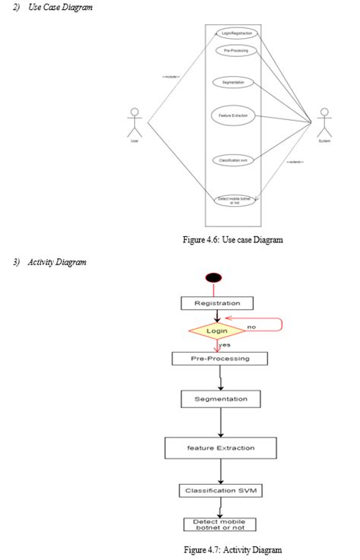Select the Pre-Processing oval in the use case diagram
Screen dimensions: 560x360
[x=234, y=50]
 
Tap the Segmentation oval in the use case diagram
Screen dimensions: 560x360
[x=232, y=82]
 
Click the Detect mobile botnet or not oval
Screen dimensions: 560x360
[x=234, y=201]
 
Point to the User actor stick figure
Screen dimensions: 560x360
[x=134, y=122]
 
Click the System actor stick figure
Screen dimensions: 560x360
[x=325, y=122]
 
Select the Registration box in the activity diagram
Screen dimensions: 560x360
[x=217, y=303]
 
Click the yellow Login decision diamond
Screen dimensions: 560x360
[x=217, y=331]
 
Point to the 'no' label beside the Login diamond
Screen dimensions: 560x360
[x=251, y=326]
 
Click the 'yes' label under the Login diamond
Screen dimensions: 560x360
[x=224, y=345]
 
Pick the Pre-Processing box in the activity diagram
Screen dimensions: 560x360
[x=220, y=359]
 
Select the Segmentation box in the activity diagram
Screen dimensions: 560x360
[x=220, y=398]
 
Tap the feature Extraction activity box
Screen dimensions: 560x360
[x=220, y=448]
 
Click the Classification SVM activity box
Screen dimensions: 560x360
[x=220, y=491]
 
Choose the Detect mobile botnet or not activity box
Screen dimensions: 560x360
[x=220, y=524]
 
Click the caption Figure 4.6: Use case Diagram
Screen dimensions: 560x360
[x=233, y=240]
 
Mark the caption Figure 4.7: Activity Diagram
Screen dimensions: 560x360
[x=233, y=549]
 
